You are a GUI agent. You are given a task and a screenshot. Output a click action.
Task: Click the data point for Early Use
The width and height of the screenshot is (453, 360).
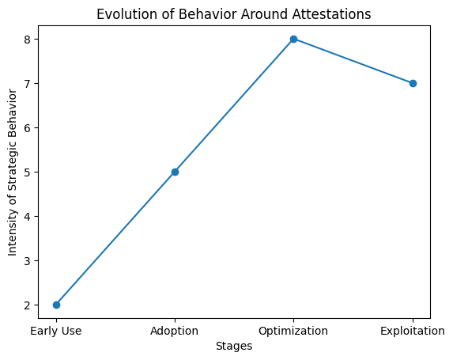coord(56,305)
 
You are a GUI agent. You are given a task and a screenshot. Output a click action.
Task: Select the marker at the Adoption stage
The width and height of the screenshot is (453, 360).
coord(175,172)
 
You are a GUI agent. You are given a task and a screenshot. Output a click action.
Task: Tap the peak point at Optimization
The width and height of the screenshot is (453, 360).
coord(294,39)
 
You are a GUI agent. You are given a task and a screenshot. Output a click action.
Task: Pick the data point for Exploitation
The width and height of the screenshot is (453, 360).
coord(413,84)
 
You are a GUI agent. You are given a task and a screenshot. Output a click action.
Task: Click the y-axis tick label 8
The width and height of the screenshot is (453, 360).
coord(28,40)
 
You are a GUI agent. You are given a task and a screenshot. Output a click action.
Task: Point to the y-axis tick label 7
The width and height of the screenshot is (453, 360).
coord(28,84)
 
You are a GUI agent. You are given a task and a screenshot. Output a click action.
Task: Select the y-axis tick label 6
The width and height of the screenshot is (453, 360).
coord(28,128)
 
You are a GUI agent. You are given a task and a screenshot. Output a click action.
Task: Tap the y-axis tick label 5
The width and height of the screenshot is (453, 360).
coord(28,172)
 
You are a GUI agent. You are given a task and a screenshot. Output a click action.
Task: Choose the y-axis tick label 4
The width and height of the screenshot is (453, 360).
coord(28,217)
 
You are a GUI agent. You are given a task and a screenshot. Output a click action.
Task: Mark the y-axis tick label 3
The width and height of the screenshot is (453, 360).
coord(28,261)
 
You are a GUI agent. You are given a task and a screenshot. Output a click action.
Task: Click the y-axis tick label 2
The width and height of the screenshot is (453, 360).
coord(28,305)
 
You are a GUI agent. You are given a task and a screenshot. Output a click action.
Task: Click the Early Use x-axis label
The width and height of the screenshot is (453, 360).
coord(56,331)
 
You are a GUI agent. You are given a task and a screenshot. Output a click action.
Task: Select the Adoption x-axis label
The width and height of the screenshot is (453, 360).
coord(174,331)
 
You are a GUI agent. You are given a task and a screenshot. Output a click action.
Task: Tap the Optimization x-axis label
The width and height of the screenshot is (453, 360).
coord(293,331)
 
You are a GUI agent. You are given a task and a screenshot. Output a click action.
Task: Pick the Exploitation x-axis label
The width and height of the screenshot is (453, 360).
coord(413,331)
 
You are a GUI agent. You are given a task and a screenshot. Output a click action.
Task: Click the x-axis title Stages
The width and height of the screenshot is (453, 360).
coord(234,346)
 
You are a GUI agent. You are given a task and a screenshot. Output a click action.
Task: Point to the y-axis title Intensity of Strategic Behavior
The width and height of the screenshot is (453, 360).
coord(12,172)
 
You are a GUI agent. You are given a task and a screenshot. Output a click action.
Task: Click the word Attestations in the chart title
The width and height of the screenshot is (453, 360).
coord(332,14)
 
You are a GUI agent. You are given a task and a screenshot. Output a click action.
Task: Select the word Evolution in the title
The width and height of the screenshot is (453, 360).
coord(127,14)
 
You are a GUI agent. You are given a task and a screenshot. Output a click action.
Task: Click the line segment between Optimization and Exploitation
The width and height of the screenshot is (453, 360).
coord(353,61)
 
